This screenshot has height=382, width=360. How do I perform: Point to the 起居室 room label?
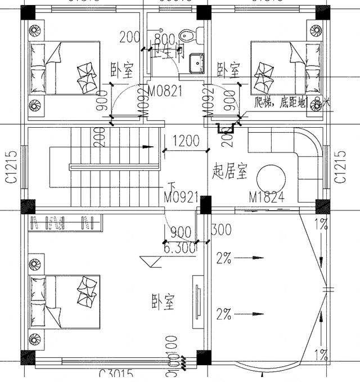tap(230, 172)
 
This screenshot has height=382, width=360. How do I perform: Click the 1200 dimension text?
tap(186, 141)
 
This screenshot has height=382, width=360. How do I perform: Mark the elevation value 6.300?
tap(180, 247)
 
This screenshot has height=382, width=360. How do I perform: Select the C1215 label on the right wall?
tap(339, 167)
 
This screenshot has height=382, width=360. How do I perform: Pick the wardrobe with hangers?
tap(66, 223)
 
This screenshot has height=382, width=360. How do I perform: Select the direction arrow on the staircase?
tap(147, 147)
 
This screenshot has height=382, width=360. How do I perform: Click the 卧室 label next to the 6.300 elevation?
tap(163, 302)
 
